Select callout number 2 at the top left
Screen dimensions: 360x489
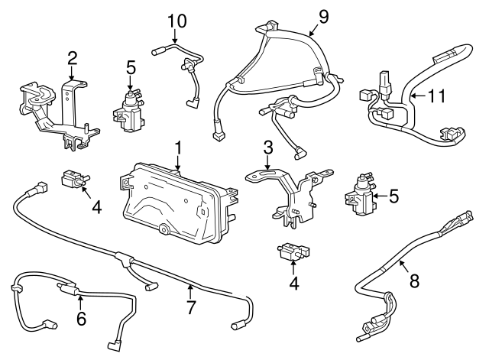[x=72, y=57]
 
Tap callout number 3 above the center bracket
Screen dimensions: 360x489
[x=267, y=147]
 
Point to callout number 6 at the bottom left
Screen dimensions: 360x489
[x=80, y=318]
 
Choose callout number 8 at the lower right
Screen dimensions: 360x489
[x=413, y=281]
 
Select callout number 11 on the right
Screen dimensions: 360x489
[x=436, y=96]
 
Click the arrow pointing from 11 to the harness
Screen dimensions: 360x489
[x=416, y=97]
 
